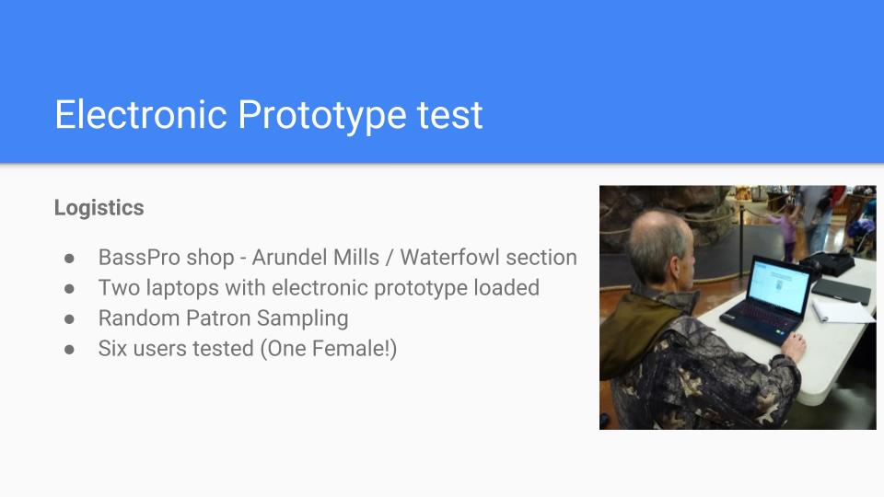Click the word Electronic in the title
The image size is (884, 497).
[x=141, y=115]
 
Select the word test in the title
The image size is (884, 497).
[x=450, y=116]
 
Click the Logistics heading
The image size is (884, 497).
[x=99, y=208]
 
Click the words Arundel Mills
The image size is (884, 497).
[x=315, y=258]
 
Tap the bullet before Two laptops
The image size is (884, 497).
[x=69, y=288]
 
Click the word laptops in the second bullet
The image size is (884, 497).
[x=182, y=288]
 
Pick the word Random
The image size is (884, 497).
[x=139, y=318]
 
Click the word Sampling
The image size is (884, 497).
[x=303, y=319]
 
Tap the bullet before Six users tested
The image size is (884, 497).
[x=69, y=350]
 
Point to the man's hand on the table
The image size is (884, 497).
[x=794, y=345]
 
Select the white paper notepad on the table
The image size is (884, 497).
[x=843, y=310]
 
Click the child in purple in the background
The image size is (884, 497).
[x=788, y=232]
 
